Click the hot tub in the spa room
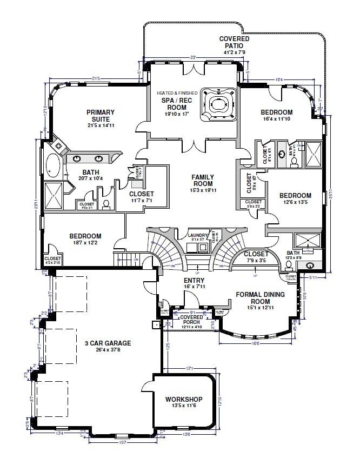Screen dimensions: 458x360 [219, 103]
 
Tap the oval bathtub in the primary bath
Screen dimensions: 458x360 [52, 166]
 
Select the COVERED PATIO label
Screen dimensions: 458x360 [234, 43]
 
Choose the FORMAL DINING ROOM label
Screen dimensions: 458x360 [261, 298]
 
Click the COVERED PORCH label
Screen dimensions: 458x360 [191, 320]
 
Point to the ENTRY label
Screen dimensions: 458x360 [194, 280]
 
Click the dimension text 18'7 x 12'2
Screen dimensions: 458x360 [86, 244]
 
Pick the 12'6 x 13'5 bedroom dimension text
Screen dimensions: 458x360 [295, 203]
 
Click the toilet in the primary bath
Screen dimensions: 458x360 [106, 204]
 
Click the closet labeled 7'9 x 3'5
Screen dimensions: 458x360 [256, 256]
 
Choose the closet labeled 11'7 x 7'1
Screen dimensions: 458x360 [141, 197]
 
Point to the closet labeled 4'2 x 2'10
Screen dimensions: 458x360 [52, 261]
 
